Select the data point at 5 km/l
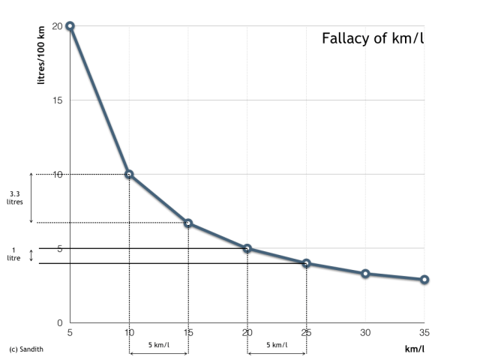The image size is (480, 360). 70,25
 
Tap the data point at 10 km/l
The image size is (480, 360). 129,174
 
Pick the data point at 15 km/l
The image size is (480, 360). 188,223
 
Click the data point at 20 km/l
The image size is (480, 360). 247,248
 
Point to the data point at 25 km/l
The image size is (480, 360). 306,263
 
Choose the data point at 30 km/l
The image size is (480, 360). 365,274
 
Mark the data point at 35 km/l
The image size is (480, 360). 424,279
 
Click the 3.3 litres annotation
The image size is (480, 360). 15,198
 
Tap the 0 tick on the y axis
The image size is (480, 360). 59,322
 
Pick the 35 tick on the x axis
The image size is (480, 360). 424,332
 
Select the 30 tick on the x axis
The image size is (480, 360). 365,332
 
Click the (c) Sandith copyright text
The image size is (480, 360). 26,349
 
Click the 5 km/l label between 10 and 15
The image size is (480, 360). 158,346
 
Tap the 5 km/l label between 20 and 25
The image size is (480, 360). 277,346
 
